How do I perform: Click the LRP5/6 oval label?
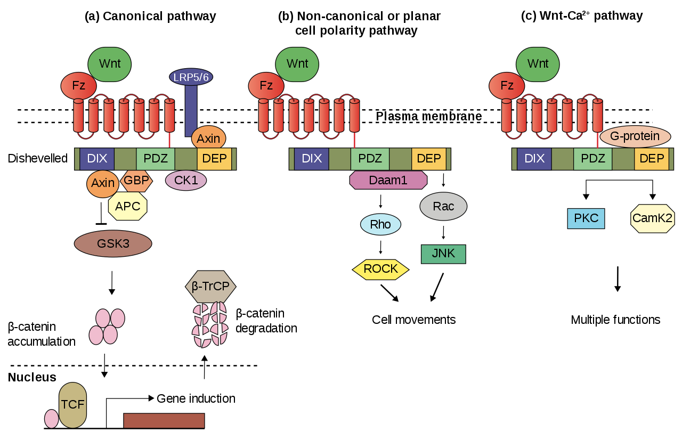pos(191,77)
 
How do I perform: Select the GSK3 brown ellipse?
pos(113,243)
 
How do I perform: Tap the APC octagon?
pos(127,206)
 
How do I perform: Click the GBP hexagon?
pos(137,181)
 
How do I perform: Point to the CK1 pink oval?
pos(186,181)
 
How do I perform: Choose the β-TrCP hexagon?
pos(210,287)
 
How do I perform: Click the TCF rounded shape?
pos(72,404)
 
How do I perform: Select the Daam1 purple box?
pos(388,180)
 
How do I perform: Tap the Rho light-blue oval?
pos(380,224)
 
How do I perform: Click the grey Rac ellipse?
pos(443,206)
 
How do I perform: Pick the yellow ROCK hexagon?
pos(380,269)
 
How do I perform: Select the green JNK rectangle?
pos(443,254)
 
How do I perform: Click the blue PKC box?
pos(586,218)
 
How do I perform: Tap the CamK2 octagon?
pos(652,218)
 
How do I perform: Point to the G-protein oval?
pos(635,136)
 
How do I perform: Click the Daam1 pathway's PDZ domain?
pos(370,159)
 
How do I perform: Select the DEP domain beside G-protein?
pos(651,159)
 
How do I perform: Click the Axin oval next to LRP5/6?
pos(208,138)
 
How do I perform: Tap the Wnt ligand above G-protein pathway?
pos(538,64)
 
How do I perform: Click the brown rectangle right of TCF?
pos(164,420)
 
